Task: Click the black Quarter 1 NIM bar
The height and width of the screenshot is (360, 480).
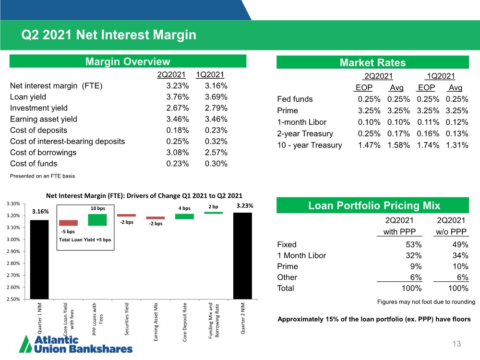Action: click(39, 260)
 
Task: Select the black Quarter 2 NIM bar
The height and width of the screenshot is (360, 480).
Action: click(242, 256)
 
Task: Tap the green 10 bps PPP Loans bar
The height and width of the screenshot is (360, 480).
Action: click(97, 220)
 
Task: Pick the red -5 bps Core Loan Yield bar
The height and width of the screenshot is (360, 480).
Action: click(68, 223)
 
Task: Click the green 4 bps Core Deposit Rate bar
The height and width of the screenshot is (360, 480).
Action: click(184, 216)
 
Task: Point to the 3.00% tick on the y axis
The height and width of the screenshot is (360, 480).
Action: click(13, 240)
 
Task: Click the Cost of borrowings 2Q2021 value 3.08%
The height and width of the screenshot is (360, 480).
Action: click(178, 153)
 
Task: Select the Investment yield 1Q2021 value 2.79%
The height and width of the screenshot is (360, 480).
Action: click(216, 108)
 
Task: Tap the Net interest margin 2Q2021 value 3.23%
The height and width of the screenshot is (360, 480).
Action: click(178, 86)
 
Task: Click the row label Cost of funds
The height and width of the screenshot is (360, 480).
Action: click(34, 164)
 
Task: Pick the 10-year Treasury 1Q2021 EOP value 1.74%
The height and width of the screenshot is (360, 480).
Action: click(428, 145)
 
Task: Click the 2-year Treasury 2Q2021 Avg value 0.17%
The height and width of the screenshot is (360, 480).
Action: click(398, 134)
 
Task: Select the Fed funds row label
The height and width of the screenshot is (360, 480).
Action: click(295, 99)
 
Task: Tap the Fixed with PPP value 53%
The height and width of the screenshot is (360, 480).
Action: click(414, 245)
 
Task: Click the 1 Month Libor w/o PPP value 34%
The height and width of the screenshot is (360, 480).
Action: click(460, 256)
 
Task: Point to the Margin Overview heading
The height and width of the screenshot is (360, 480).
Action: click(128, 61)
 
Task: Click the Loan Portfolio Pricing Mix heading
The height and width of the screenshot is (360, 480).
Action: click(374, 205)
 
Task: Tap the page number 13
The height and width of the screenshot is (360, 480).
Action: click(457, 344)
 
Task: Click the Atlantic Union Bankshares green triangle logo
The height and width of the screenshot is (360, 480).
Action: click(25, 344)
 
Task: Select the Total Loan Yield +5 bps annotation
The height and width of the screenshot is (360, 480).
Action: click(85, 240)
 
